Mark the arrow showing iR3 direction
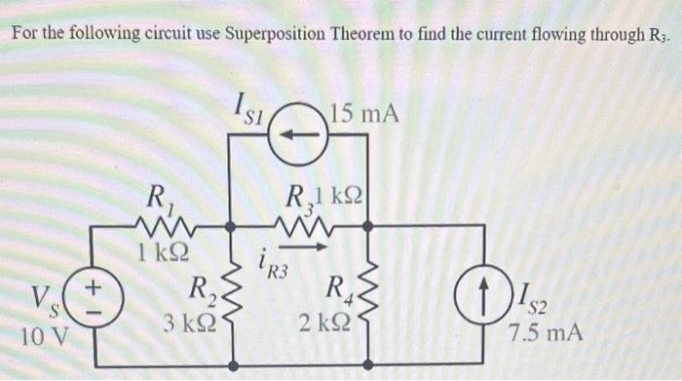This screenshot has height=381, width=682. click(310, 248)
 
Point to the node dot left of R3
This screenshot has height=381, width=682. click(230, 226)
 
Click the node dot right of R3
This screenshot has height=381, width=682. click(367, 226)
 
